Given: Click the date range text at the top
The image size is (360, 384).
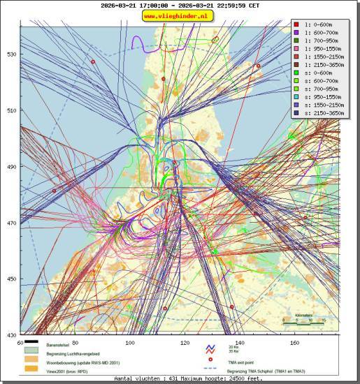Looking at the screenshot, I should [x=180, y=5].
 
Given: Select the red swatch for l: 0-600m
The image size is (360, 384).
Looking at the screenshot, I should [x=296, y=23].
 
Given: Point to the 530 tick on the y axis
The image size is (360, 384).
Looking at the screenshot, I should [x=11, y=54].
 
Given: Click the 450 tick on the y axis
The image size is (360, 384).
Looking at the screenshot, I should [x=11, y=279].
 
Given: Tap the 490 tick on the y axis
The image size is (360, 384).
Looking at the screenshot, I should [x=11, y=167].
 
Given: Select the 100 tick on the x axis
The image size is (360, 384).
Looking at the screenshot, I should [x=129, y=343].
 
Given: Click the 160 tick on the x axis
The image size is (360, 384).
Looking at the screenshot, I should [x=294, y=343].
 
